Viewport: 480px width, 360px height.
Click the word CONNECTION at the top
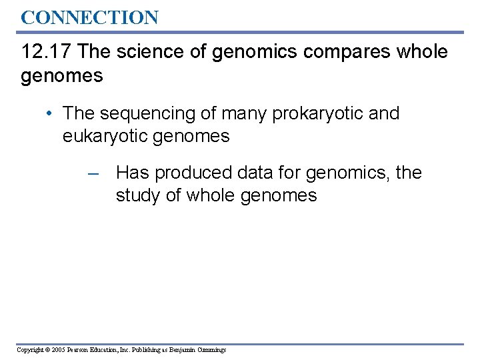pos(89,17)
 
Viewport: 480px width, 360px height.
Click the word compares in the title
pos(339,52)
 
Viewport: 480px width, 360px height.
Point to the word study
pos(139,196)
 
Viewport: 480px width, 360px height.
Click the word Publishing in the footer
pos(143,350)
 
